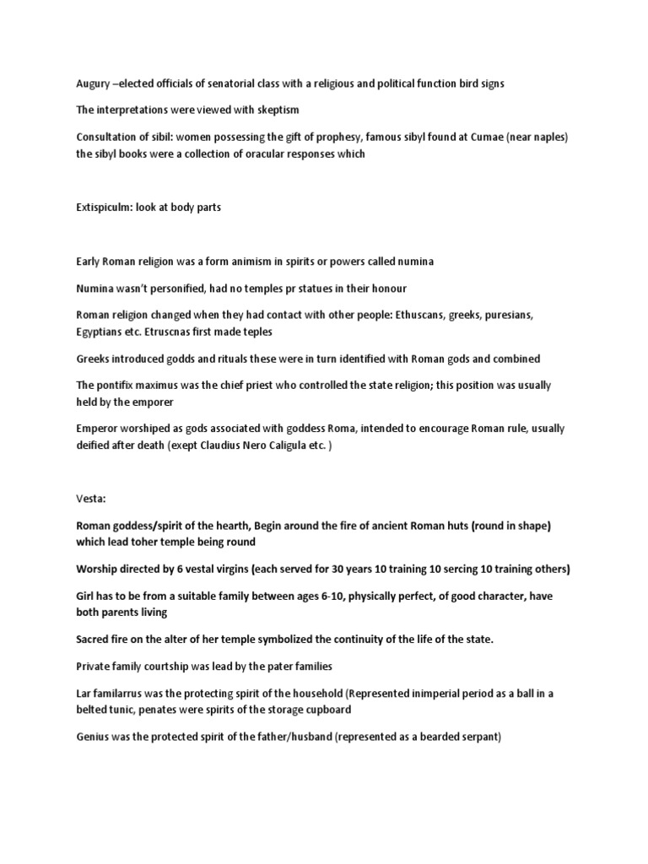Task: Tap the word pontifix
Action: (x=124, y=385)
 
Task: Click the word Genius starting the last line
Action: (x=94, y=737)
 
